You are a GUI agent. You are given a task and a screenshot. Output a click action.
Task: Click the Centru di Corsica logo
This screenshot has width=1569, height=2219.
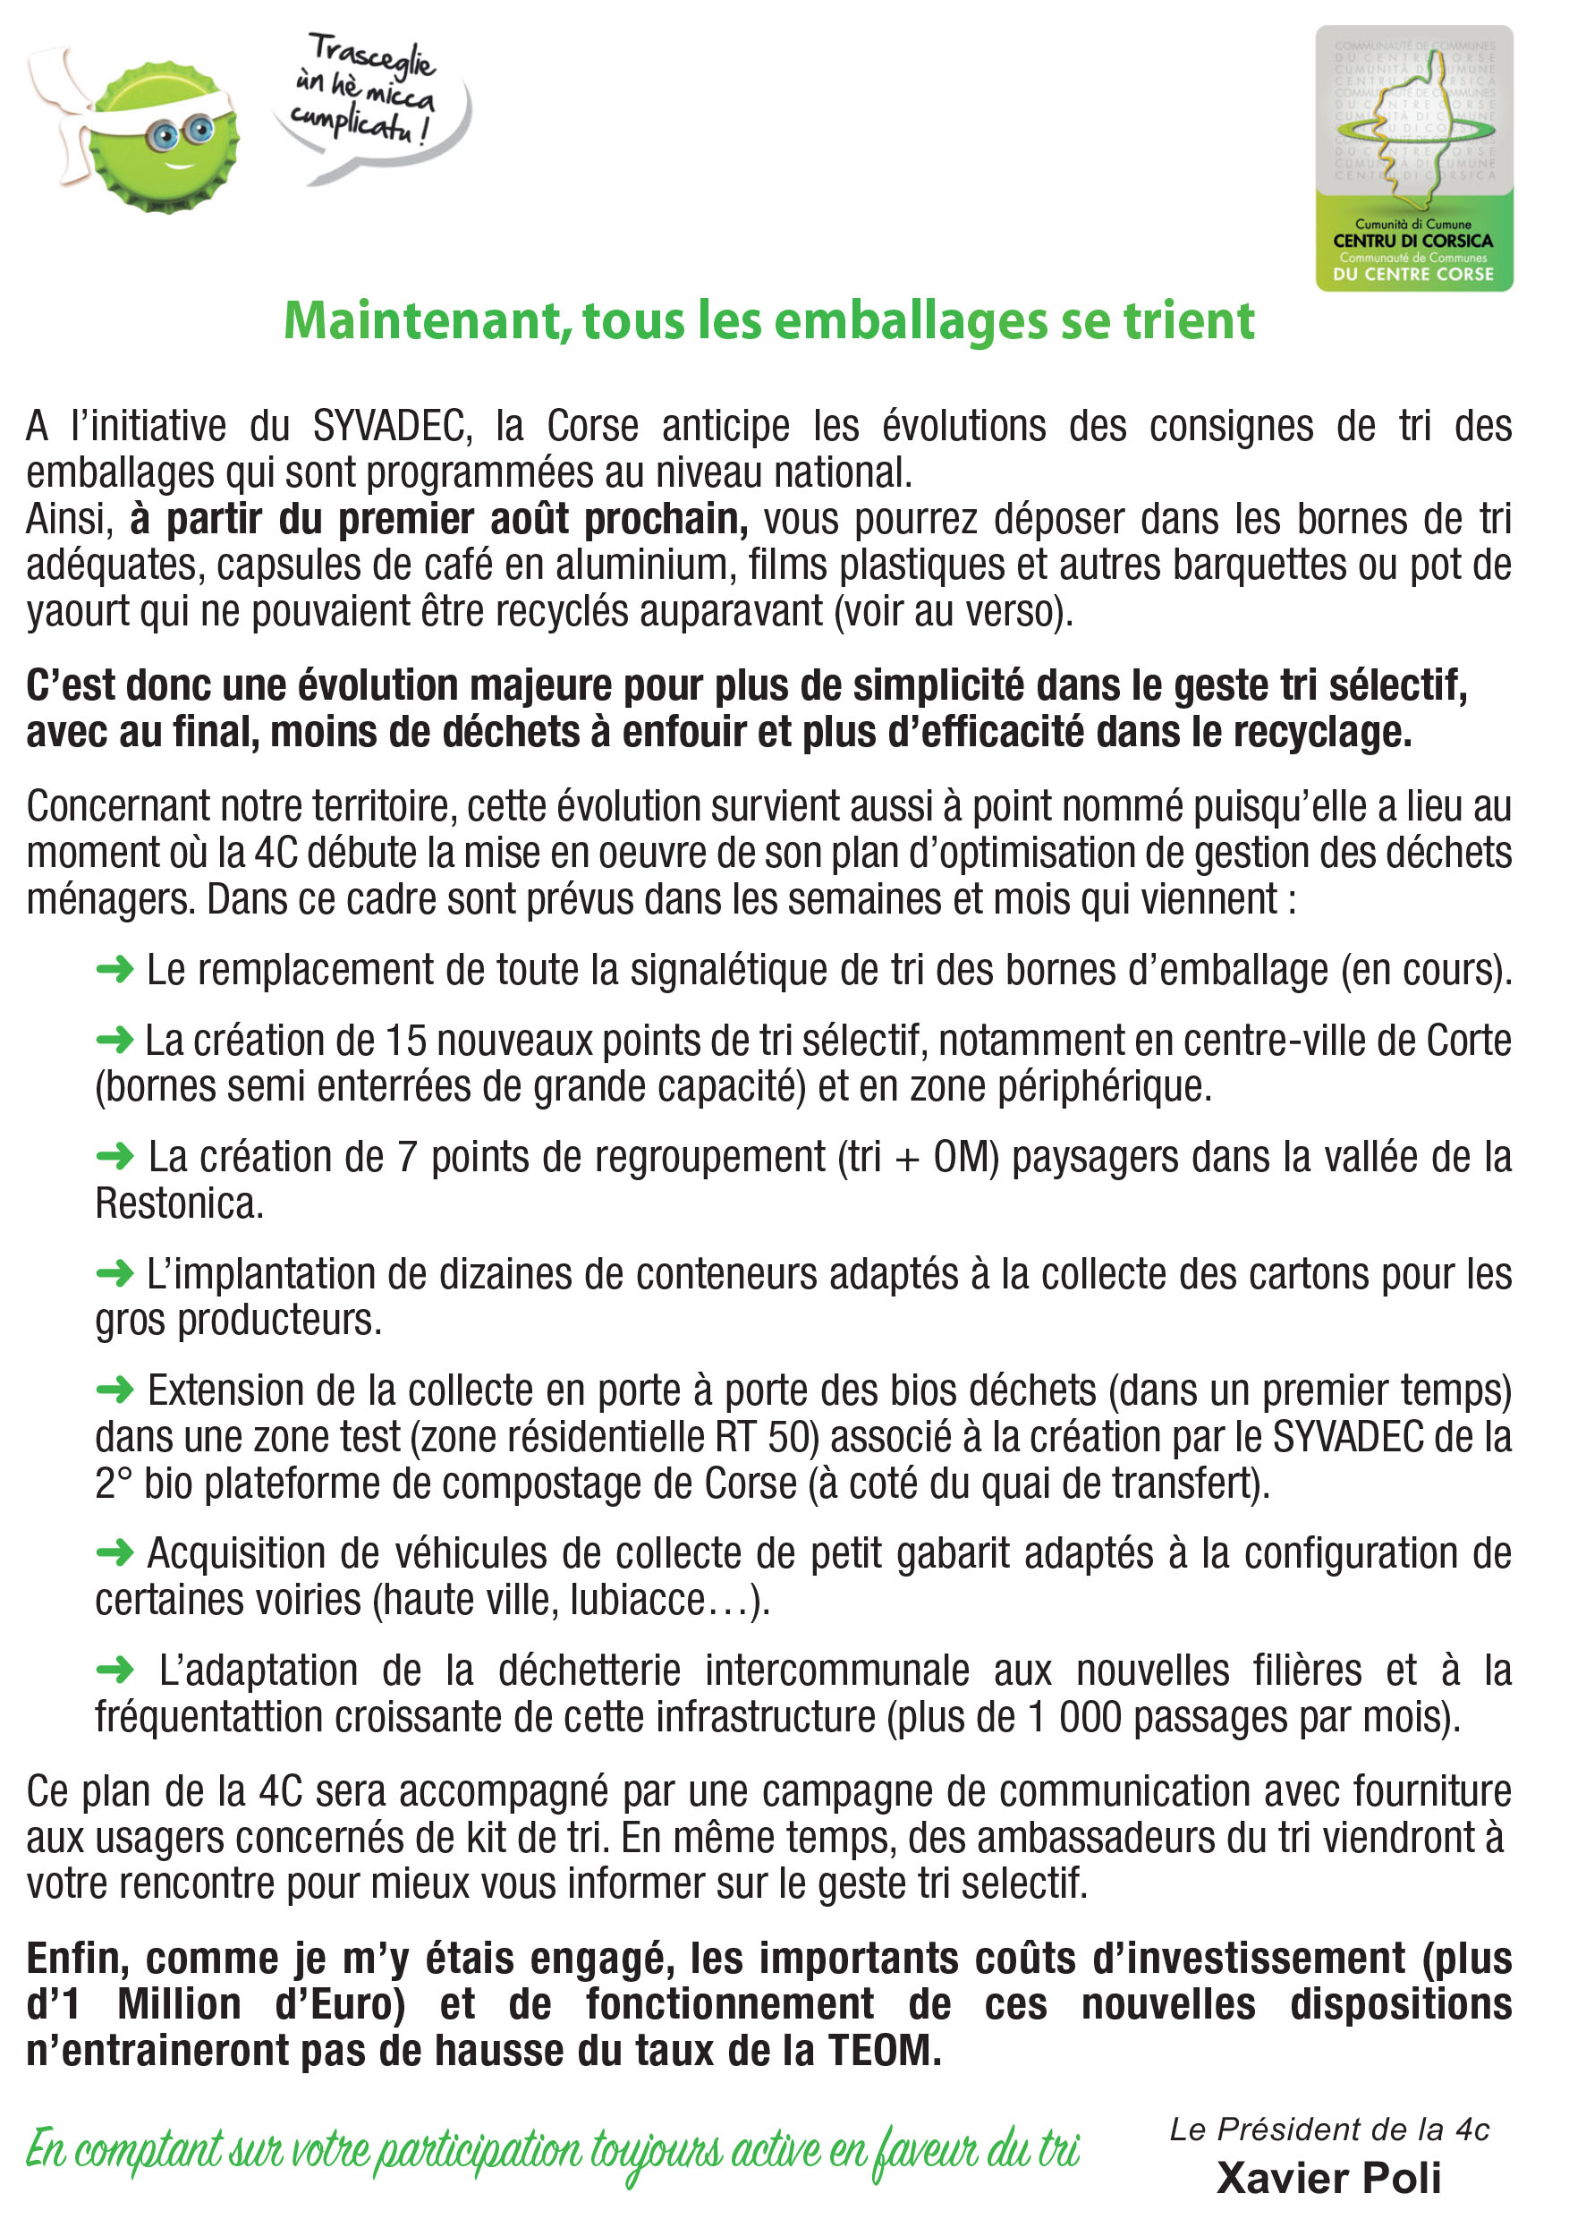1413,158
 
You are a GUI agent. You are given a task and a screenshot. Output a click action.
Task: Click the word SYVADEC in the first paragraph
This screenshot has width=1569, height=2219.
391,426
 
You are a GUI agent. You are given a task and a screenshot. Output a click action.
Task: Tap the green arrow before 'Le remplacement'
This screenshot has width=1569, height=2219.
115,969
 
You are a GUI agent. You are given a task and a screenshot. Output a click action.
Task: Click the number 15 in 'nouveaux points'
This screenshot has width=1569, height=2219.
406,1041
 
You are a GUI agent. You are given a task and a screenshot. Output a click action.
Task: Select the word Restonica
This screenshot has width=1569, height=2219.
179,1204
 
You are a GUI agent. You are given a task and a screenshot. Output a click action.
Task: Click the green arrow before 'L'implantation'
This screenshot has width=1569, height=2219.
115,1274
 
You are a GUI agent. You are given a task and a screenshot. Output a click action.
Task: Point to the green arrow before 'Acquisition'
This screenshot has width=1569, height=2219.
115,1554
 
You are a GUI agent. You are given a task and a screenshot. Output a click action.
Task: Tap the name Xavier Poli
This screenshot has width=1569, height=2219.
1328,2178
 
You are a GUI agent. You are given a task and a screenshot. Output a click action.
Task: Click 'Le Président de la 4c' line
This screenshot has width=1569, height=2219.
1329,2130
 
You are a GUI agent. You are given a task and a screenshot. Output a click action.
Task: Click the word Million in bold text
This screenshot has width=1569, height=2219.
179,2004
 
